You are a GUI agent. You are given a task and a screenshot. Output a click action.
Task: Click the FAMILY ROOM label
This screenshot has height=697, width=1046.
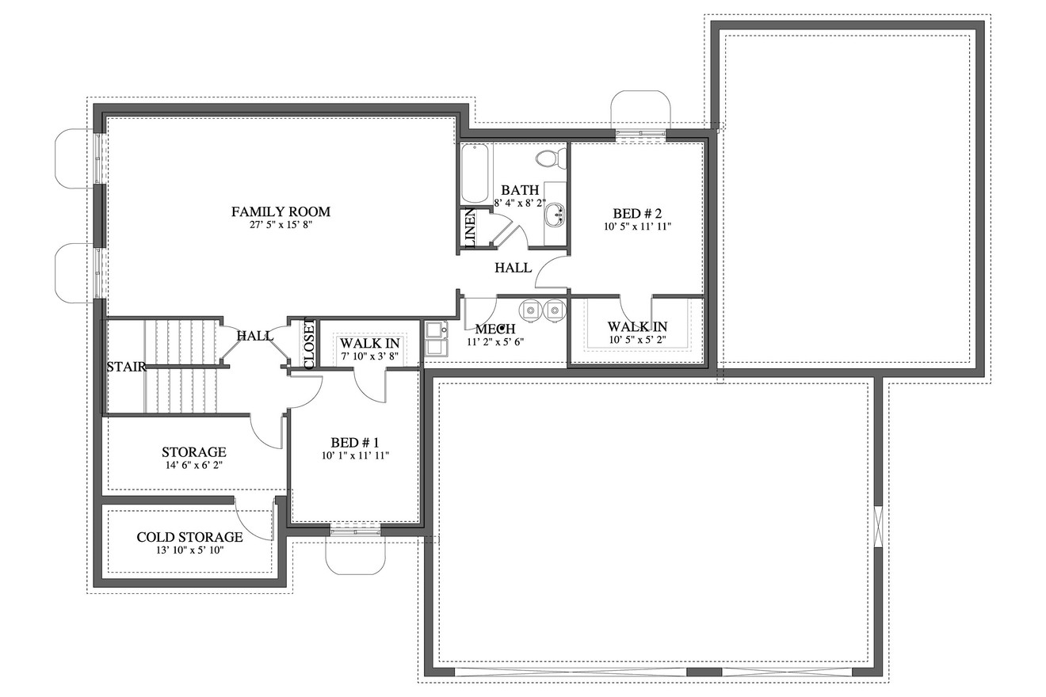click(281, 211)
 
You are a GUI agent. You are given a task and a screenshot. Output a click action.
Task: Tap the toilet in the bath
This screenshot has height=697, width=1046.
click(548, 158)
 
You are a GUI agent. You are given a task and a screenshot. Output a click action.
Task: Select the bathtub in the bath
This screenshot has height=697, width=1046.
click(475, 173)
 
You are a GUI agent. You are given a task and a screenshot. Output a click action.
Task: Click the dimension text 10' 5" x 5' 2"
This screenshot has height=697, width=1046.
click(637, 341)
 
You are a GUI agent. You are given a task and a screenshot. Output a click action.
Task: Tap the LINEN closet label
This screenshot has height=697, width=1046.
click(470, 229)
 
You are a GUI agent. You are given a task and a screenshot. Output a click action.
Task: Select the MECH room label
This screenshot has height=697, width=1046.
click(495, 329)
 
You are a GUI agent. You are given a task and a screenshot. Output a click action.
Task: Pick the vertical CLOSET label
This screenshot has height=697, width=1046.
click(309, 343)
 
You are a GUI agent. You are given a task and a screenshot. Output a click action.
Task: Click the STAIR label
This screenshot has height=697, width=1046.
click(126, 367)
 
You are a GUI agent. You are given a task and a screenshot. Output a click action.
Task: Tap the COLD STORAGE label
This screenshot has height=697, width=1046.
click(189, 536)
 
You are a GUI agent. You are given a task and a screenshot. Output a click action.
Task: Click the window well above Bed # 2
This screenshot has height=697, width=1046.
click(640, 109)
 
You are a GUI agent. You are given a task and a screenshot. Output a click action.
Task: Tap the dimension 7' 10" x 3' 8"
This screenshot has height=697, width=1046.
click(369, 356)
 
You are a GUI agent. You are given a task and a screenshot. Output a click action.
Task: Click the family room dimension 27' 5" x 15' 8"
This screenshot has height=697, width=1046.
click(281, 225)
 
